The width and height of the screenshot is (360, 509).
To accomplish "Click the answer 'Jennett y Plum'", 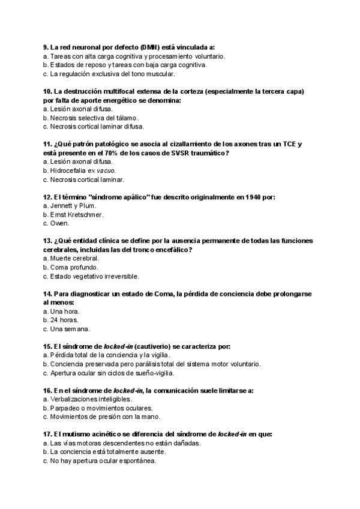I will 74,206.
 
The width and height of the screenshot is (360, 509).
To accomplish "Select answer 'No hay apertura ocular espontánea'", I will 103,461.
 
